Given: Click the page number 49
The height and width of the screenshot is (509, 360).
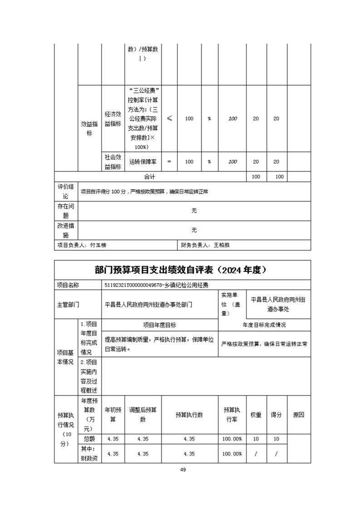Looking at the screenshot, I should (x=183, y=470).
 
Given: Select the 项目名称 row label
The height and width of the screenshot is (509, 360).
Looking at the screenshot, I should (x=68, y=285).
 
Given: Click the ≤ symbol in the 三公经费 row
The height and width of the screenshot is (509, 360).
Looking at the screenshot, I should (x=169, y=118).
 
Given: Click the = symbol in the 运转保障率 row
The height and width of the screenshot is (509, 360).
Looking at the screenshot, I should (x=169, y=162).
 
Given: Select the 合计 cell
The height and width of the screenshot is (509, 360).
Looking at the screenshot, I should (x=150, y=176).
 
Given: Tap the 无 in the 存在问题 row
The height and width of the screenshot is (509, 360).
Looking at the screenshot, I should (x=194, y=211).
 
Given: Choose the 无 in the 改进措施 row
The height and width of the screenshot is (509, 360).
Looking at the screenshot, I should (x=194, y=230).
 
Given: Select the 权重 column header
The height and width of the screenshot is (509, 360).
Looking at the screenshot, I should (x=256, y=415).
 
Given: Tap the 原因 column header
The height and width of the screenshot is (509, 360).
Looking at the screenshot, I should (x=298, y=415).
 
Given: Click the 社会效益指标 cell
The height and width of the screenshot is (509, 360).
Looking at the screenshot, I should (x=113, y=162).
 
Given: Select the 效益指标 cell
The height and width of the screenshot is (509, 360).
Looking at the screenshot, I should (x=89, y=128).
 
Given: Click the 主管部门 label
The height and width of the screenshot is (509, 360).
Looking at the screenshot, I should (x=68, y=304).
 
